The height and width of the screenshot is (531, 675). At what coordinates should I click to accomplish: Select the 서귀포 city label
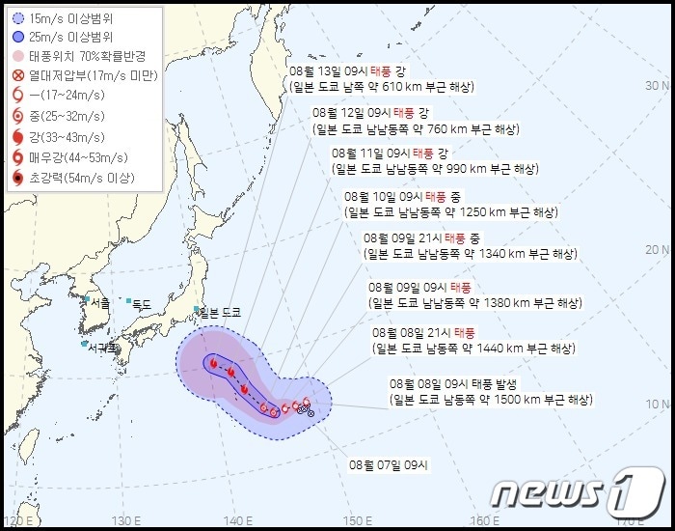(x=101, y=346)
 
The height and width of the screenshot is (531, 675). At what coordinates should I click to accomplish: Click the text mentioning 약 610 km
(x=380, y=87)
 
